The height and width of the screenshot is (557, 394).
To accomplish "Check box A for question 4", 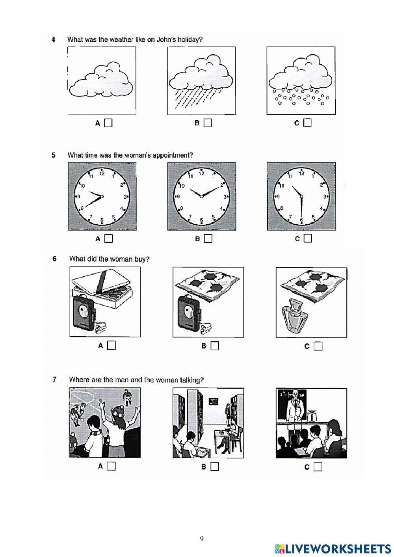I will pyautogui.click(x=109, y=123).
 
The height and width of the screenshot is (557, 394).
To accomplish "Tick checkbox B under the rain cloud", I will pyautogui.click(x=208, y=123).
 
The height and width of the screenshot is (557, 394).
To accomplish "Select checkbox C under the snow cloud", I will pyautogui.click(x=307, y=123).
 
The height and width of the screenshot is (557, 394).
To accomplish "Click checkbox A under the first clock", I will pyautogui.click(x=109, y=238).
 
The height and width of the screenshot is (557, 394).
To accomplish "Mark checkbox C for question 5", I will pyautogui.click(x=308, y=238).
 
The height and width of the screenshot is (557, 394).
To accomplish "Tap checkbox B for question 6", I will pyautogui.click(x=215, y=346).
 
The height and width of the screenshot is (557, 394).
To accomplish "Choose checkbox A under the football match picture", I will pyautogui.click(x=112, y=466).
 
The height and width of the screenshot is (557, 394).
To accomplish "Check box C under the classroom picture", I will pyautogui.click(x=318, y=467).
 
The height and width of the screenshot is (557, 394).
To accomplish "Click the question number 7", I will pyautogui.click(x=54, y=380).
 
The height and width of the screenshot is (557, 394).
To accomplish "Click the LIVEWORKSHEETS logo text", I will pyautogui.click(x=338, y=548).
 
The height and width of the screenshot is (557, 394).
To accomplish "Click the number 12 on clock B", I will pyautogui.click(x=201, y=173).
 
